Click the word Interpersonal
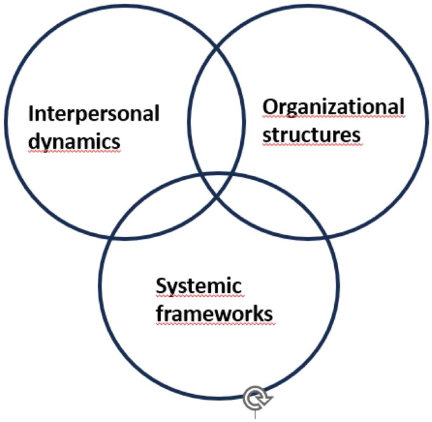[x=93, y=114]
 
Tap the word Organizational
[x=334, y=107]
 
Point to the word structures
[x=312, y=135]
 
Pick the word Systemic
[x=199, y=286]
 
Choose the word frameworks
[x=214, y=313]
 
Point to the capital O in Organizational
[x=270, y=107]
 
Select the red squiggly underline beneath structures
[x=312, y=146]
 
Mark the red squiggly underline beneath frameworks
[x=214, y=323]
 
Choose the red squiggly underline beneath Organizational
[x=334, y=118]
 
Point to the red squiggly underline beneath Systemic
[x=199, y=297]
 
